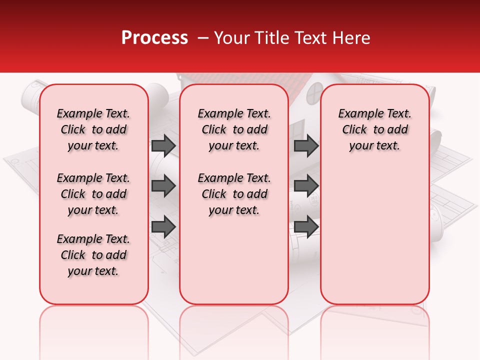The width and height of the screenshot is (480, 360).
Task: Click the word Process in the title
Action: (x=154, y=38)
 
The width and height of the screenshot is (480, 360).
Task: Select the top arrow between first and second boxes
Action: (x=163, y=146)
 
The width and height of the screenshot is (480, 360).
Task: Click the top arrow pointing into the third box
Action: (x=306, y=146)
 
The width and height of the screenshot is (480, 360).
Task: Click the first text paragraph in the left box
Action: (x=93, y=129)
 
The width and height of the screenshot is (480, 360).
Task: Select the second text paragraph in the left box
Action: (x=93, y=194)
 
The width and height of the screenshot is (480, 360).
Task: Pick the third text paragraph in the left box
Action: (x=93, y=255)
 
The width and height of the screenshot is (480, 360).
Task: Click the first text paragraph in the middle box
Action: (x=234, y=129)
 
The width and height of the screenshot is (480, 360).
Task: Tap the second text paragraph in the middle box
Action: (x=234, y=194)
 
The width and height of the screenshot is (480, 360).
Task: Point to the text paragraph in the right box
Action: (x=375, y=129)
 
